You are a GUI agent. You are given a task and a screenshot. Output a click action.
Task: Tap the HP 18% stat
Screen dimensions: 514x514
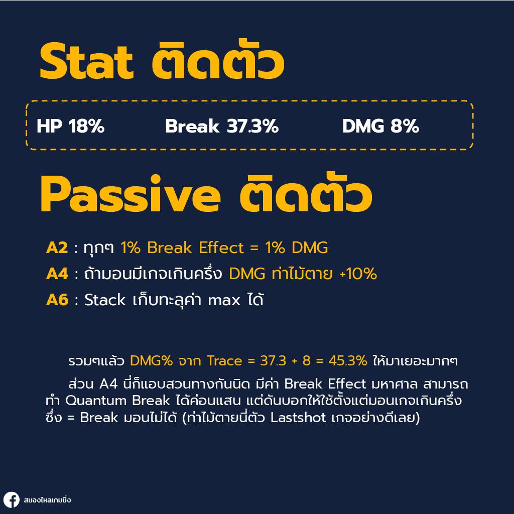click(x=70, y=126)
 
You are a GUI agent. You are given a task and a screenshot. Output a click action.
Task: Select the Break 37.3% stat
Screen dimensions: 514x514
click(x=222, y=126)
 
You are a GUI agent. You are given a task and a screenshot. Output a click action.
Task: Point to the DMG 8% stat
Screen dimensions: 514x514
click(x=380, y=126)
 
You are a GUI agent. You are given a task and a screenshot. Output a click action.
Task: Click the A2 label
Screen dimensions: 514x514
click(x=57, y=248)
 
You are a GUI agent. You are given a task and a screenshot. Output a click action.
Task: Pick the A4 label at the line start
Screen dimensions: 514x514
click(x=57, y=274)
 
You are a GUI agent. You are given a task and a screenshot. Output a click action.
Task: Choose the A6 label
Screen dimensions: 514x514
click(x=57, y=300)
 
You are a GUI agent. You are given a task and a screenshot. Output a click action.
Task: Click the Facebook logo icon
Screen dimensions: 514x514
click(x=12, y=500)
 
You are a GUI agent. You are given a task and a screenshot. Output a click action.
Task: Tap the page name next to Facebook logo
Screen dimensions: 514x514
click(x=47, y=500)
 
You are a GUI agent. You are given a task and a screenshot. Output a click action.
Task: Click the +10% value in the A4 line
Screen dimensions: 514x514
click(x=358, y=274)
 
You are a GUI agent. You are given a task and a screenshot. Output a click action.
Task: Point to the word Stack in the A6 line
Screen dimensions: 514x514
click(x=105, y=300)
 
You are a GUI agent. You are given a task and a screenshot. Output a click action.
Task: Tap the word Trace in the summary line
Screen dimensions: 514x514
click(x=224, y=361)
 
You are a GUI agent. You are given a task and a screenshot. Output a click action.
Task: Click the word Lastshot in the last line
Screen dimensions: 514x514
click(x=298, y=418)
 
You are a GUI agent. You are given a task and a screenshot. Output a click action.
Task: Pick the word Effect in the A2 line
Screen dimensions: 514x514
click(x=221, y=248)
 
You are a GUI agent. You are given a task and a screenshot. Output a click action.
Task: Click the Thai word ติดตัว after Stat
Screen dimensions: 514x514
click(x=218, y=59)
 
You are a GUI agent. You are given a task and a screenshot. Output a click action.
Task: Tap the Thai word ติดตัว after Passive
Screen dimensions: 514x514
click(x=306, y=192)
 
